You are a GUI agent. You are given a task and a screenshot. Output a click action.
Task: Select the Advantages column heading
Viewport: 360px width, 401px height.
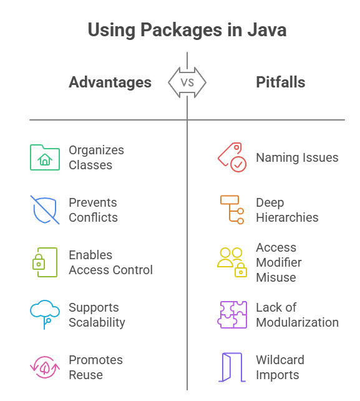coord(110,82)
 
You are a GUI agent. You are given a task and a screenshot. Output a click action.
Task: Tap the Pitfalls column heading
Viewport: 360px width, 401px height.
coord(281,82)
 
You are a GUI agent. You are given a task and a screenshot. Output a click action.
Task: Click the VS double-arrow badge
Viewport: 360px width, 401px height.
coord(187,82)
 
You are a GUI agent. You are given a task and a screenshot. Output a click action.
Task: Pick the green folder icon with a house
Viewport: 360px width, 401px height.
coord(45,157)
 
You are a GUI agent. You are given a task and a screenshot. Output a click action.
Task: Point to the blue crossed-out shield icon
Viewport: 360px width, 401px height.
coord(45,210)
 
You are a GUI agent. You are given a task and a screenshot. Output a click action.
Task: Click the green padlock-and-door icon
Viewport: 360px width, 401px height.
coord(45,262)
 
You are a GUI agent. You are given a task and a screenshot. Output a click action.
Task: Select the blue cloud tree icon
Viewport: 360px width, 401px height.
coord(45,315)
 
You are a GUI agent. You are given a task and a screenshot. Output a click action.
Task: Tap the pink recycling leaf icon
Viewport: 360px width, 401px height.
coord(45,367)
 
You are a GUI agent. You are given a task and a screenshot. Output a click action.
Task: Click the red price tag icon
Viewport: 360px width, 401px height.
coord(232,157)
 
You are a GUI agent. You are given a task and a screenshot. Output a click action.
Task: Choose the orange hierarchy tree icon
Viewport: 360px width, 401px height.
coord(232,210)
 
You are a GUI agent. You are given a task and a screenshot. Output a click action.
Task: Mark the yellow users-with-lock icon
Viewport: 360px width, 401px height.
coord(232,262)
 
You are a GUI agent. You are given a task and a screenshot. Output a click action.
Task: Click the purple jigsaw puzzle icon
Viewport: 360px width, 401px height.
coord(232,315)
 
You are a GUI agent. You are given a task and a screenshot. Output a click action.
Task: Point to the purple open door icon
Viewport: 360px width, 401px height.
coord(232,367)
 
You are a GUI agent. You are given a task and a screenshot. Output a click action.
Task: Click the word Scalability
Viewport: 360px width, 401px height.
coord(97,323)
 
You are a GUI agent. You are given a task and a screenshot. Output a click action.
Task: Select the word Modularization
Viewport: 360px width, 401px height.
coord(298,322)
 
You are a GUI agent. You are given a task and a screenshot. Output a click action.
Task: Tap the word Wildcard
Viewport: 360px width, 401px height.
coord(280,360)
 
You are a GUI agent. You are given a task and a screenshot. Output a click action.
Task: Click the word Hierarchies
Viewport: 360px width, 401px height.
coord(287,217)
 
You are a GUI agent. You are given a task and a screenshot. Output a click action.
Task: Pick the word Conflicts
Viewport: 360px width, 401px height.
coord(93,217)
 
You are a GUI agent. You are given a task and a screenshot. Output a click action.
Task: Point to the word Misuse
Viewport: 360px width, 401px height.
coord(276,277)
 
